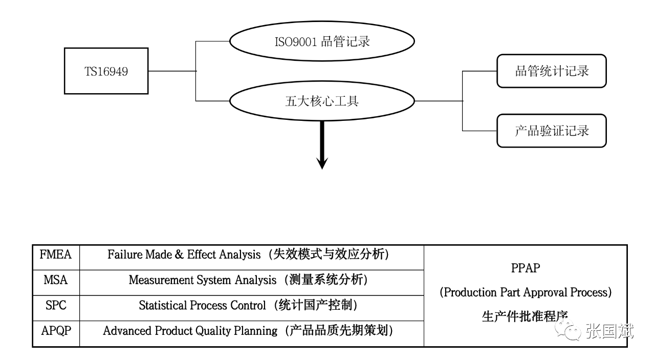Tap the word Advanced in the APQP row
pos(127,331)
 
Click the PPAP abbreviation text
pos(526,268)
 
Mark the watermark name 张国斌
pos(609,331)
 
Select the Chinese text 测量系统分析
pos(326,280)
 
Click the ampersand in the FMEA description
pos(179,255)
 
